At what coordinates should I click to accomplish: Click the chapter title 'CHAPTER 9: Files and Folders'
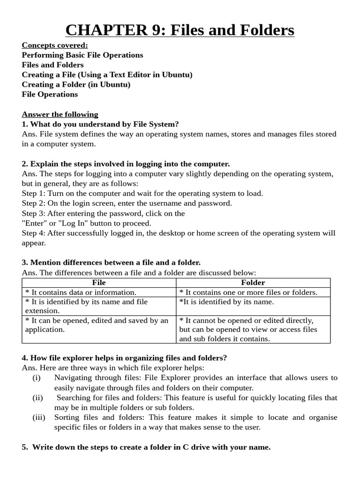[x=180, y=30]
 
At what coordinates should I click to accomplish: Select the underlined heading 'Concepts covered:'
[x=55, y=45]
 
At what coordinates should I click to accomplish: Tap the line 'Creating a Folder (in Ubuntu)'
[x=76, y=84]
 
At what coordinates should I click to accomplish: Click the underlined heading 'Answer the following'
[x=60, y=114]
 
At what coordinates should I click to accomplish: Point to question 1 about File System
[x=100, y=124]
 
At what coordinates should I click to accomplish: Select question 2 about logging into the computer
[x=126, y=164]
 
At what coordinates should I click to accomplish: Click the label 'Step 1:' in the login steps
[x=34, y=194]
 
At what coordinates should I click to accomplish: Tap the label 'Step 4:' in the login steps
[x=34, y=233]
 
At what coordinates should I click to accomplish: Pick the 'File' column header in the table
[x=99, y=283]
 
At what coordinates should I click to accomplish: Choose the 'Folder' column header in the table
[x=253, y=283]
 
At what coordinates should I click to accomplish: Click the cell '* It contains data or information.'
[x=81, y=292]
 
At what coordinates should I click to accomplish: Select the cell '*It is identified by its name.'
[x=226, y=302]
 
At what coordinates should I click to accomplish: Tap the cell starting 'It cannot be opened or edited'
[x=247, y=329]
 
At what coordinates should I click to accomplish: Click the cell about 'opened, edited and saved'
[x=97, y=325]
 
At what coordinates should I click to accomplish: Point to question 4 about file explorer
[x=124, y=358]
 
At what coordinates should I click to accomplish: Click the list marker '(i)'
[x=37, y=378]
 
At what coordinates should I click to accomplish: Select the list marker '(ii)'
[x=37, y=397]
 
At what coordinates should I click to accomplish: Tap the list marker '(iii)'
[x=39, y=417]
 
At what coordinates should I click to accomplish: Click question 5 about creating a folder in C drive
[x=146, y=447]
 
